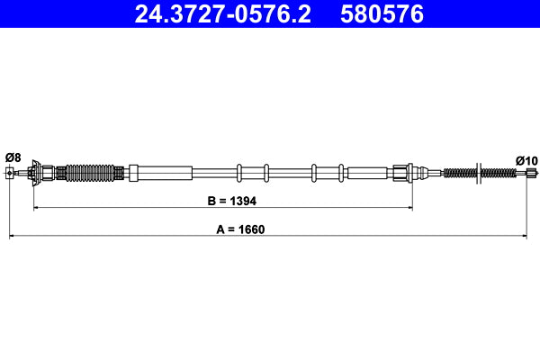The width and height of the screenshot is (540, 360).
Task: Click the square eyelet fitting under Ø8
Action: (10, 173)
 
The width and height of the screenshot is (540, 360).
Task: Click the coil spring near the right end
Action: (462, 173)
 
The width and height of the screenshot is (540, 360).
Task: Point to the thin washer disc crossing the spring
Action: (481, 172)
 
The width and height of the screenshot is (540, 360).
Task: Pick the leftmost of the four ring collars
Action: (238, 171)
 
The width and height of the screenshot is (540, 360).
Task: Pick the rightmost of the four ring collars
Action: (341, 171)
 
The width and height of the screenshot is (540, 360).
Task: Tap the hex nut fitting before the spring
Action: (401, 171)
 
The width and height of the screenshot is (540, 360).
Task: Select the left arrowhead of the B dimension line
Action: (37, 208)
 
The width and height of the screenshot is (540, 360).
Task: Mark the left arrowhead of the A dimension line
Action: (13, 237)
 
